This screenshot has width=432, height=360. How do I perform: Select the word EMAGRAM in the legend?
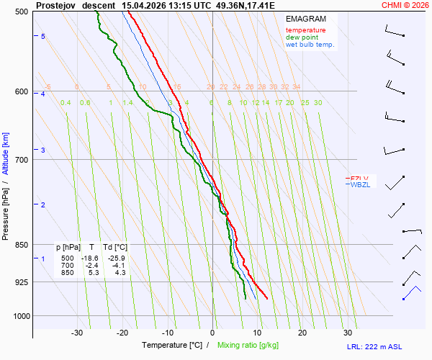[305, 19]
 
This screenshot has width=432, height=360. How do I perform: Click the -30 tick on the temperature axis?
[77, 333]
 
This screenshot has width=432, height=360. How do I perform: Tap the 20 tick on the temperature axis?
[302, 333]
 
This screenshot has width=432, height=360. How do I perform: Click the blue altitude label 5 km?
[43, 36]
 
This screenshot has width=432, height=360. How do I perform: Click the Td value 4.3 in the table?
[120, 273]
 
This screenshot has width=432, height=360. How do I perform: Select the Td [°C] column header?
[115, 248]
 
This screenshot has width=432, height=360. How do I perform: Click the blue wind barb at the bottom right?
[411, 293]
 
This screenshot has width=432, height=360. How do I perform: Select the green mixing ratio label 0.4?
[66, 103]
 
